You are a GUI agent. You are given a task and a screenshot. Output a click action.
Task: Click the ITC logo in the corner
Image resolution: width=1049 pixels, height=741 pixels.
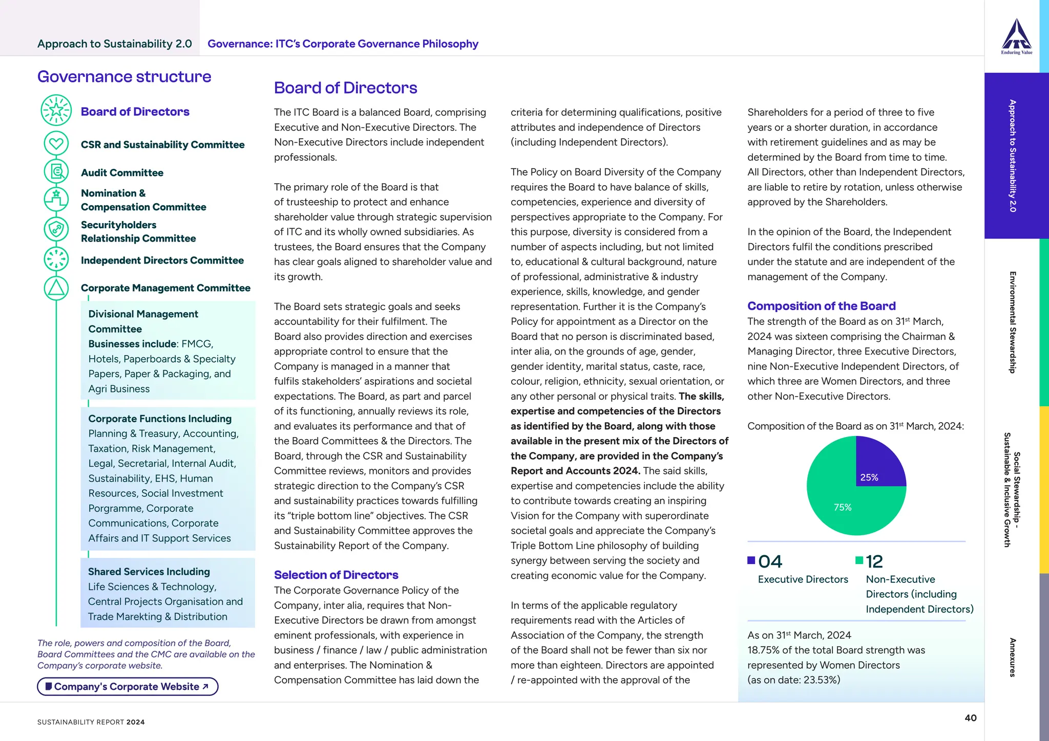(1016, 36)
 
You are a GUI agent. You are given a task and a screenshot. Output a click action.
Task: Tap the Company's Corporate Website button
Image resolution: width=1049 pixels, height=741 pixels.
(128, 686)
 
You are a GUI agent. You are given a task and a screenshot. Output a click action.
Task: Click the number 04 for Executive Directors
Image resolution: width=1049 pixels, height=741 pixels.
(770, 561)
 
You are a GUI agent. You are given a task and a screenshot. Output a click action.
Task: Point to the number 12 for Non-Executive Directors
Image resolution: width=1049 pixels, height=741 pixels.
(874, 561)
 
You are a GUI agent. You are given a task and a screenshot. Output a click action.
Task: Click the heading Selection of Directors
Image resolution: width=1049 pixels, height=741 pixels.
(336, 575)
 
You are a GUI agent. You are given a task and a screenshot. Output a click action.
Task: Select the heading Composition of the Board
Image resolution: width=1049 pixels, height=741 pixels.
(821, 306)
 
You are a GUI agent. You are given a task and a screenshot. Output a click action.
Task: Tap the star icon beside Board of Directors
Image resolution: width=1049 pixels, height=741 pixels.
(56, 110)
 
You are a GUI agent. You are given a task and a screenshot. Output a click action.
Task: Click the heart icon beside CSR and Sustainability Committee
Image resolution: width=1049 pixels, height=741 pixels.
(56, 143)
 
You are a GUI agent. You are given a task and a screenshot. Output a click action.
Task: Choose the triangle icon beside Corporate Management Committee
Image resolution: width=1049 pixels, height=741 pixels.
(56, 288)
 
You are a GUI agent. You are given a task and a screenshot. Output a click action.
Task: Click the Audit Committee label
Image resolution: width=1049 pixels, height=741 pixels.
(122, 173)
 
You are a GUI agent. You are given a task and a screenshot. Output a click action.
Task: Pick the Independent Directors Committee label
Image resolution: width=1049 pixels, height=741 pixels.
(162, 260)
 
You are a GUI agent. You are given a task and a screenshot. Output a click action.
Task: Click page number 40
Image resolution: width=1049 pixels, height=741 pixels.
(970, 718)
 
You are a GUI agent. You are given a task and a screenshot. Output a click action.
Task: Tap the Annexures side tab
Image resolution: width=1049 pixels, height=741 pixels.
(1012, 657)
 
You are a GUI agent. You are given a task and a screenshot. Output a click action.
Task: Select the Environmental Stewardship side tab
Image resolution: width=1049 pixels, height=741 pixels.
(1012, 322)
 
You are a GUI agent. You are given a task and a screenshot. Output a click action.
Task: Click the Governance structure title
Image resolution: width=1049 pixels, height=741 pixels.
(124, 77)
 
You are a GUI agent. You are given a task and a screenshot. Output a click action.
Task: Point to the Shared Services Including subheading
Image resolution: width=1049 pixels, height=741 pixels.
(149, 572)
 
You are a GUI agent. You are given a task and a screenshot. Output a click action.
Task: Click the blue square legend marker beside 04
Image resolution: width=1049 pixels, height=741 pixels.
(751, 560)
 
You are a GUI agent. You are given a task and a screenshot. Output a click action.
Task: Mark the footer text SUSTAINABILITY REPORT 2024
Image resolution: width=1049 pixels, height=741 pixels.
(91, 722)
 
